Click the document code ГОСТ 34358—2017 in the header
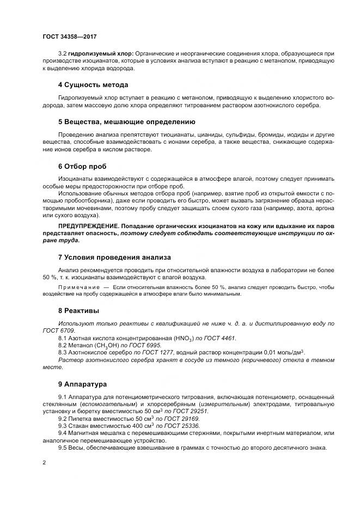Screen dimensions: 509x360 pos(69,36)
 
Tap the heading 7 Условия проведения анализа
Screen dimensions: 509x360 pos(114,257)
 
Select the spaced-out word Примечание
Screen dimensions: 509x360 pos(79,286)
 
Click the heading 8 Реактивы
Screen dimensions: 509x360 pos(78,311)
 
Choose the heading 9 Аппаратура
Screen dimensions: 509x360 pos(82,384)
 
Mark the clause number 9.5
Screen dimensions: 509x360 pos(63,447)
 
